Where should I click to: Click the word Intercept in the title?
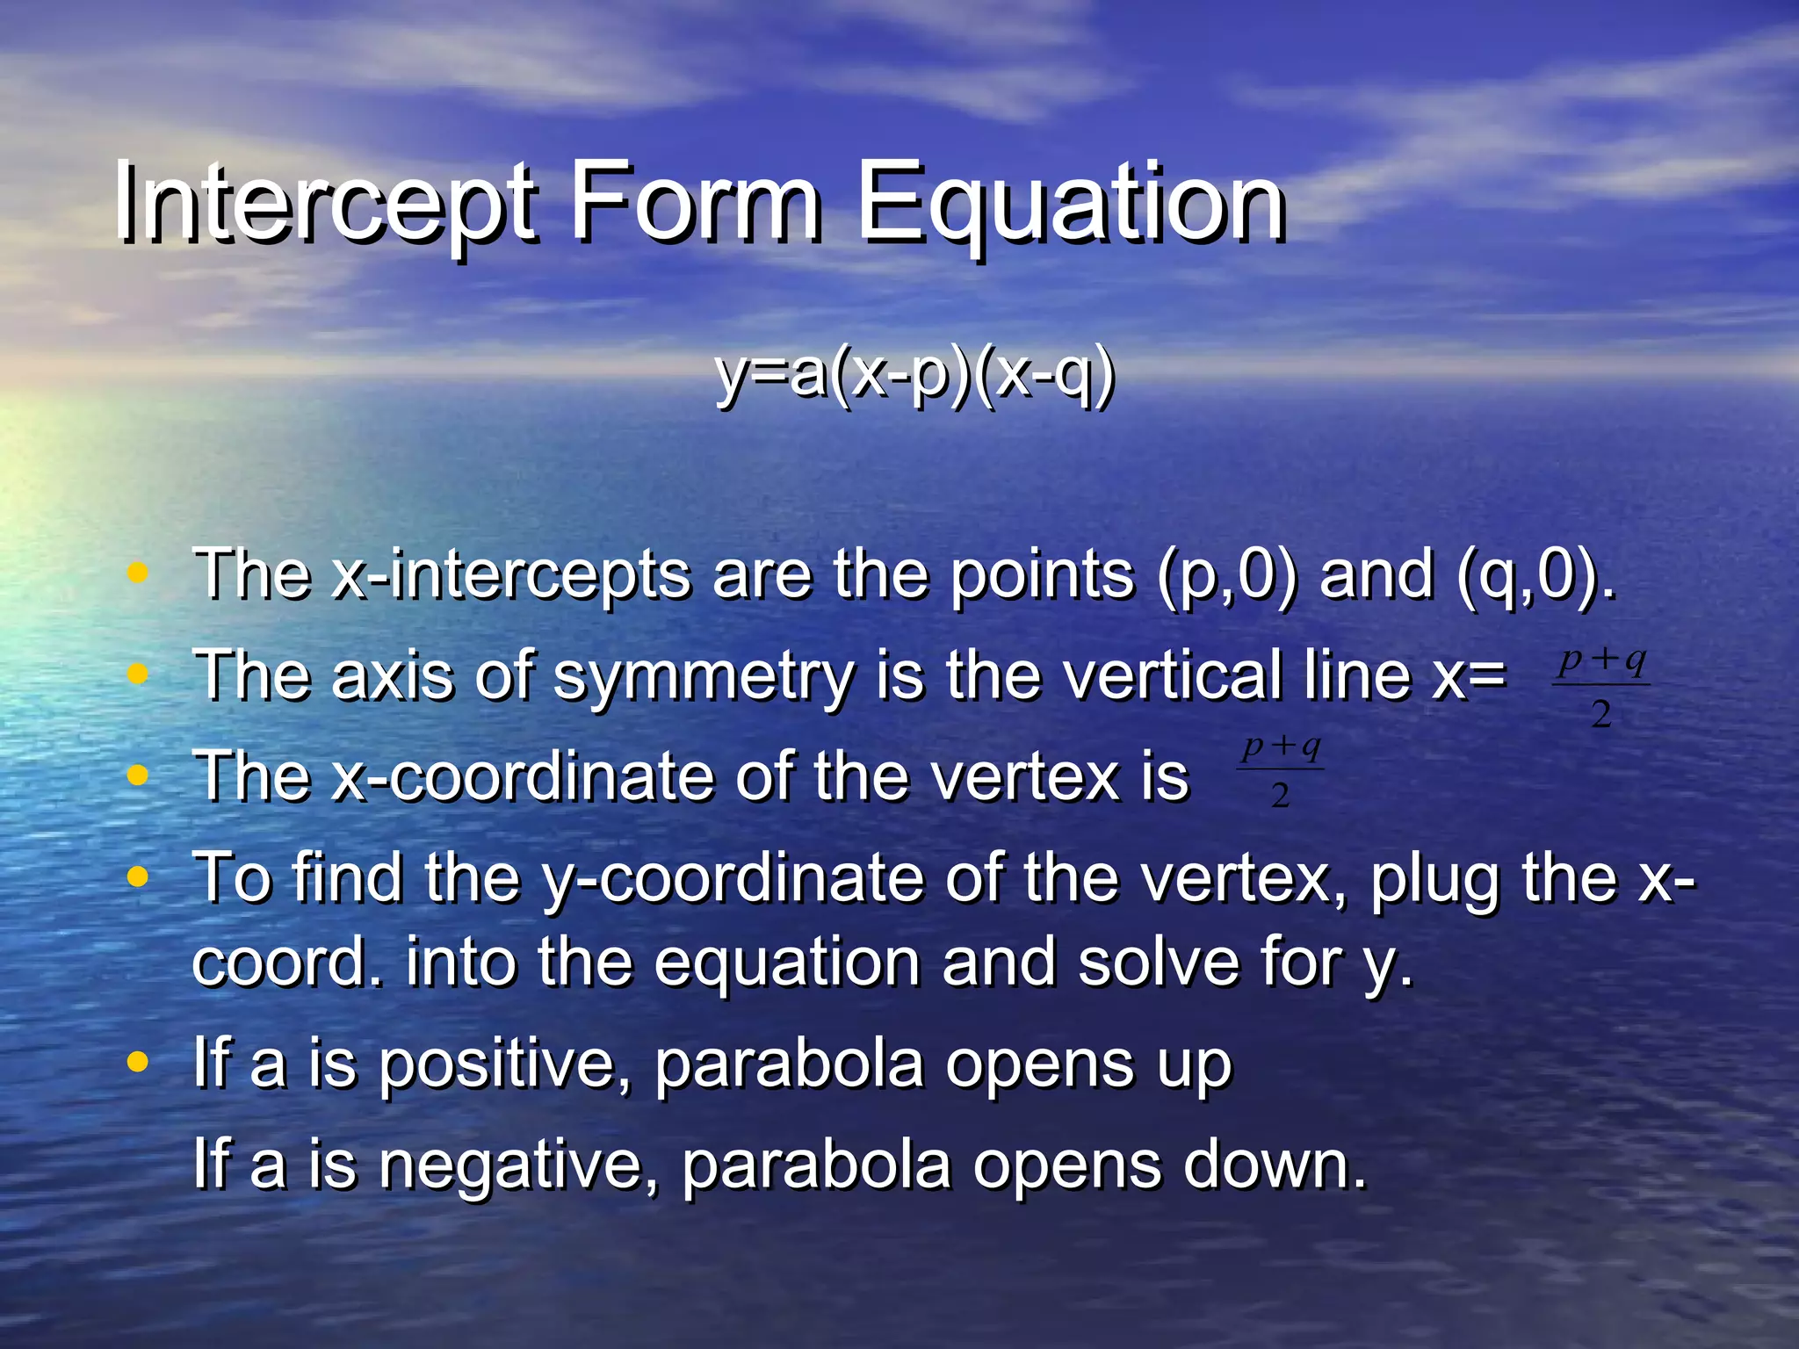pyautogui.click(x=325, y=204)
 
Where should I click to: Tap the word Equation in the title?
pyautogui.click(x=1070, y=204)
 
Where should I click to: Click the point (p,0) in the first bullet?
pyautogui.click(x=1226, y=575)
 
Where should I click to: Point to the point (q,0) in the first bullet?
pyautogui.click(x=1533, y=575)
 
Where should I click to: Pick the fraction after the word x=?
pyautogui.click(x=1600, y=687)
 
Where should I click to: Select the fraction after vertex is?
pyautogui.click(x=1281, y=770)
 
